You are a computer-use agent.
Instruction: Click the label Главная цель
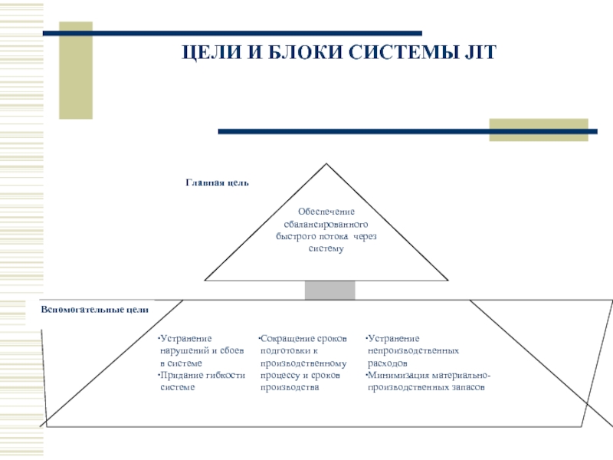[x=218, y=182]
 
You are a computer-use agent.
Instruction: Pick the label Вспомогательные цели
[x=94, y=308]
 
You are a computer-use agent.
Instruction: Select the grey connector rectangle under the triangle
[x=330, y=289]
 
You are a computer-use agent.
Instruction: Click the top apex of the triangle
[x=327, y=164]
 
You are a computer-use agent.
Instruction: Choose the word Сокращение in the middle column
[x=286, y=338]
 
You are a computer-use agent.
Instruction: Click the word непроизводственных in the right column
[x=413, y=350]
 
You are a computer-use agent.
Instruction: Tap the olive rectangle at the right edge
[x=538, y=129]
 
